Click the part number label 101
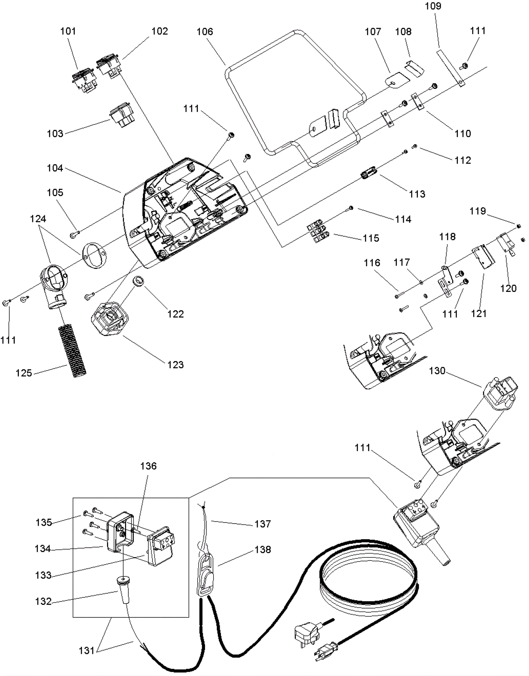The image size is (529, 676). click(68, 31)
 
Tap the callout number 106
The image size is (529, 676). click(205, 32)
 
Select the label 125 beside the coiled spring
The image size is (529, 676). click(24, 373)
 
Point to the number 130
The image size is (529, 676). click(437, 371)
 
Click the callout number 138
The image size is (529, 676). click(263, 549)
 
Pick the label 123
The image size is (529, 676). click(175, 365)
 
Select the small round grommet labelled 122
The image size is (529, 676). click(139, 282)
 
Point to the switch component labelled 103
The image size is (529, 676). click(122, 115)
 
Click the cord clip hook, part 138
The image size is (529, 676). click(205, 575)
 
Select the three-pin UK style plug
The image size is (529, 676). click(307, 632)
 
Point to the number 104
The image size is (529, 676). click(55, 168)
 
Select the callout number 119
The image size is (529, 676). click(478, 211)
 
